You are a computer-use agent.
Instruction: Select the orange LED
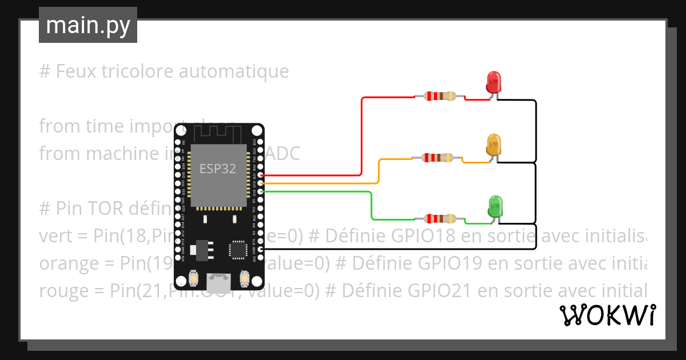(x=493, y=145)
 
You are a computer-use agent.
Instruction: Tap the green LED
(x=495, y=206)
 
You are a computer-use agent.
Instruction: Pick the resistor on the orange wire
(x=437, y=158)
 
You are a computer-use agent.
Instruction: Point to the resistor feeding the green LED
(x=439, y=218)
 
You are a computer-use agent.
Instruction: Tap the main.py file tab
(x=88, y=25)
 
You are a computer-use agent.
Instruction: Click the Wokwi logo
(x=607, y=315)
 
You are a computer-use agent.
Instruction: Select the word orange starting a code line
(x=69, y=263)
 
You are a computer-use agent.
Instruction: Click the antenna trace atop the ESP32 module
(x=218, y=134)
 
